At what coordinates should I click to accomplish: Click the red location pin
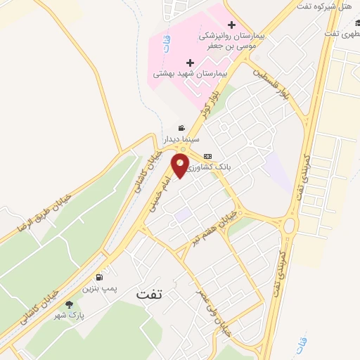(181, 166)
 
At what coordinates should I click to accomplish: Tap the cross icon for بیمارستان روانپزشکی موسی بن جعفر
(231, 25)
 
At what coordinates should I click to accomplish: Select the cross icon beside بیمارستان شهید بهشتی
(190, 63)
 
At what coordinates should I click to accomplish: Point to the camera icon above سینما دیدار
(182, 129)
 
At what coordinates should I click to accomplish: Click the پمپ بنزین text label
(99, 288)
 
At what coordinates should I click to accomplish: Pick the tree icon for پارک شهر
(69, 304)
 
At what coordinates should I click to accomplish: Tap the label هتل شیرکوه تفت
(335, 7)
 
